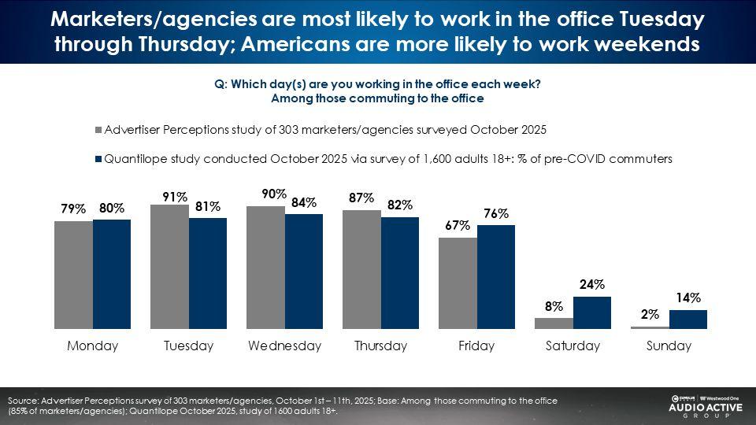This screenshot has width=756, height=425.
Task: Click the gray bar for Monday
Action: click(73, 275)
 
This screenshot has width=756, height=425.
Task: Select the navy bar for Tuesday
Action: click(208, 273)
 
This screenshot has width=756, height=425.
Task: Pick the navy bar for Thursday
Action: click(400, 272)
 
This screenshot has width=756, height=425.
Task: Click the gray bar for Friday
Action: click(458, 283)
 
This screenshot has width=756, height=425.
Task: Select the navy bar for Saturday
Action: click(592, 312)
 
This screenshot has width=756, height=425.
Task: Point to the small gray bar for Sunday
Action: click(650, 327)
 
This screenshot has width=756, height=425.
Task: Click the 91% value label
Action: click(175, 198)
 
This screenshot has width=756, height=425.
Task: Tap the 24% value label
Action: click(593, 285)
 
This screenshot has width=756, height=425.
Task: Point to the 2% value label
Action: click(650, 314)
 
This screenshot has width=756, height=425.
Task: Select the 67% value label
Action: click(458, 226)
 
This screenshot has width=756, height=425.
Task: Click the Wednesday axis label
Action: click(284, 346)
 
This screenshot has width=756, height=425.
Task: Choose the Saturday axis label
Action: click(573, 346)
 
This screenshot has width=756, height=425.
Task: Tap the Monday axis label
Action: click(92, 346)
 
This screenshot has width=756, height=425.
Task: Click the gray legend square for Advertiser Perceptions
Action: click(98, 130)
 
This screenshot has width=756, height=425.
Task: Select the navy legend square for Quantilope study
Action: click(98, 159)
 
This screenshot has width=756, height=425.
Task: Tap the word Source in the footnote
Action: click(24, 401)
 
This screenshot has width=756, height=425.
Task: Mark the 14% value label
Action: click(688, 297)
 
